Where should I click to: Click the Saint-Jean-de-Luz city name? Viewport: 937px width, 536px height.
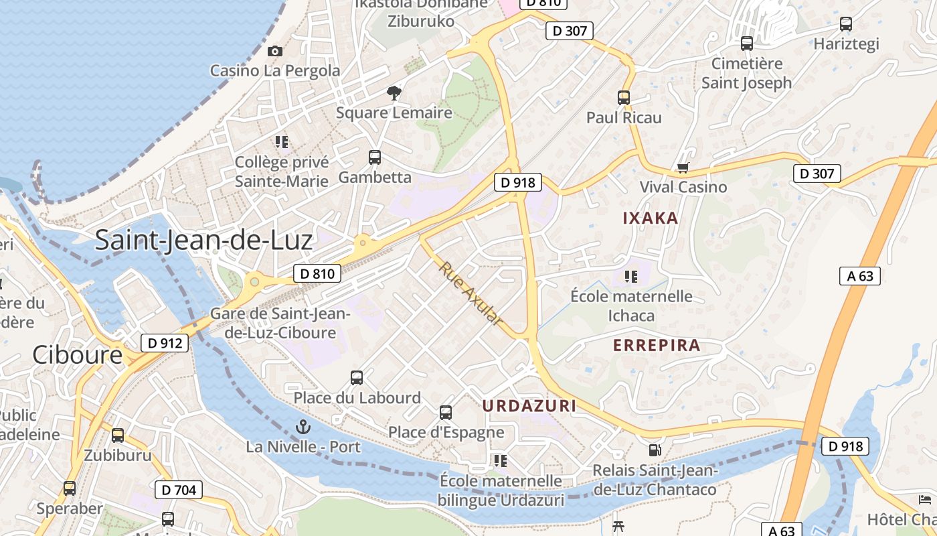tap(203, 240)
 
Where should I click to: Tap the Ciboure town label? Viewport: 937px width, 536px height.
tap(78, 354)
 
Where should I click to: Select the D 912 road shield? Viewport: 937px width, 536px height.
tap(164, 343)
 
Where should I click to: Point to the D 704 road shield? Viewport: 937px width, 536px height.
tap(179, 490)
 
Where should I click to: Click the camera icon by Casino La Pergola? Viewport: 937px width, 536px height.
tap(274, 51)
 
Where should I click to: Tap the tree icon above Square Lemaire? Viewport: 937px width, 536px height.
tap(394, 92)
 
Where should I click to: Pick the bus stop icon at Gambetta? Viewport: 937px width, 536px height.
tap(375, 157)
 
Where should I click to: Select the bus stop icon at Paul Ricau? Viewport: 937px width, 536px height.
tap(624, 97)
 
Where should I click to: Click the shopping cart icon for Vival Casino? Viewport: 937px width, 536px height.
tap(683, 167)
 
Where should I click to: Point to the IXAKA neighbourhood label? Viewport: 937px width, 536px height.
tap(651, 218)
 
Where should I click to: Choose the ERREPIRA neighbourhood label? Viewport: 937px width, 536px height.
tap(657, 346)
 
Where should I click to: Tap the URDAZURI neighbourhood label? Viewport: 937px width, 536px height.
tap(529, 405)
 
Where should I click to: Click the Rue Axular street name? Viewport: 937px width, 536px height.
tap(471, 294)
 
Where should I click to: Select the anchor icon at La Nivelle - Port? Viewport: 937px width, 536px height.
tap(304, 427)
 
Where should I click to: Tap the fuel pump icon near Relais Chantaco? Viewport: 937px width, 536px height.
tap(655, 451)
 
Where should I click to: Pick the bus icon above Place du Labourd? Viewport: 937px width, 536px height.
tap(357, 378)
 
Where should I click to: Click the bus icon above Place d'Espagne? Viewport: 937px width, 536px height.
tap(446, 413)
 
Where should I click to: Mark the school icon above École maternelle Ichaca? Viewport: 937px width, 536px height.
tap(630, 276)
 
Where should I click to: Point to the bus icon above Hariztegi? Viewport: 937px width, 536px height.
tap(846, 24)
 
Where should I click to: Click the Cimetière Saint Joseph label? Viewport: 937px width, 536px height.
tap(746, 74)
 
